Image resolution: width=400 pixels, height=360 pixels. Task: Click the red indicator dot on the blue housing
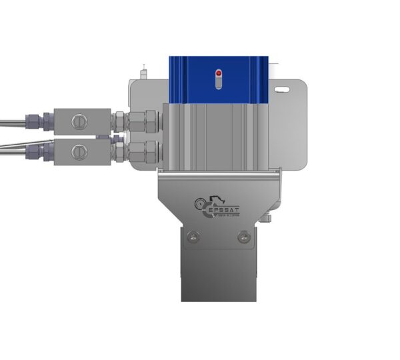pyautogui.click(x=218, y=72)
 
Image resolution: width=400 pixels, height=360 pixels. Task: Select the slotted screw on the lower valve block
pyautogui.click(x=79, y=151)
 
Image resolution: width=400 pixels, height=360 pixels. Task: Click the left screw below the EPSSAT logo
pyautogui.click(x=193, y=236)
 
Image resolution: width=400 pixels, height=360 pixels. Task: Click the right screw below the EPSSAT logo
pyautogui.click(x=243, y=236)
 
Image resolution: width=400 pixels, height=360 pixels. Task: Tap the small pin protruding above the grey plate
pyautogui.click(x=144, y=69)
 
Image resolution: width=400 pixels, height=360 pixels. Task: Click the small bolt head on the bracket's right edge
pyautogui.click(x=268, y=218)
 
